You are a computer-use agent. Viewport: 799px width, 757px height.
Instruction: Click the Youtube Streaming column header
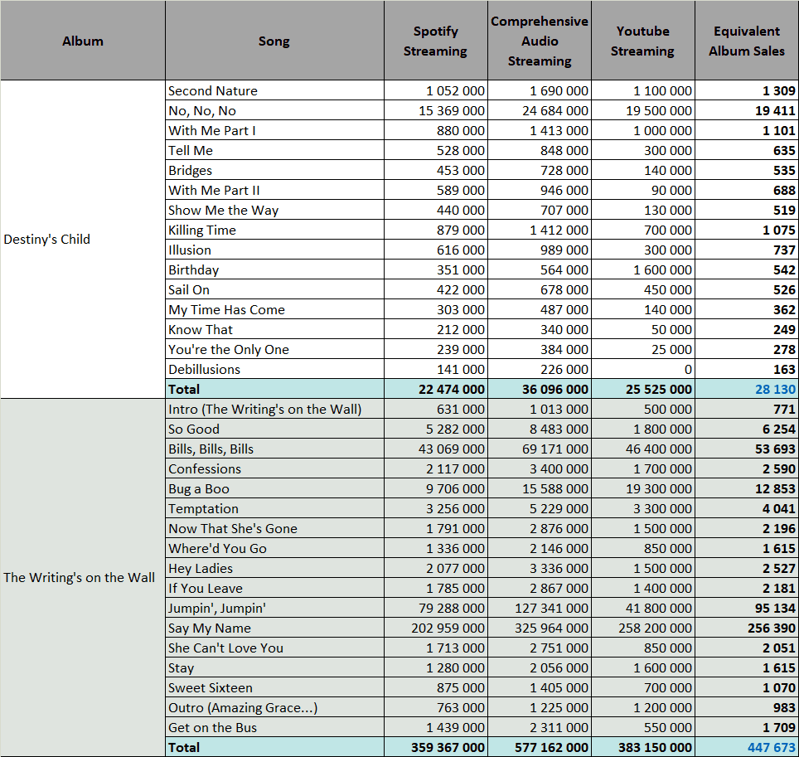tap(642, 41)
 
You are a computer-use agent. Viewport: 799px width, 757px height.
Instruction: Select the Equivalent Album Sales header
tap(747, 41)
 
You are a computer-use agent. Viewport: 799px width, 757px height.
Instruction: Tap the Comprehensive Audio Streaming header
tap(539, 41)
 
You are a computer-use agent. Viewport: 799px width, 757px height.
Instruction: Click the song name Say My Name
tap(210, 628)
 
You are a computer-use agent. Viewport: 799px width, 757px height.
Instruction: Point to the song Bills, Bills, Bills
tap(211, 449)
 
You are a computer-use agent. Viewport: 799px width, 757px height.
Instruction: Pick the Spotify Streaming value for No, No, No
tap(452, 110)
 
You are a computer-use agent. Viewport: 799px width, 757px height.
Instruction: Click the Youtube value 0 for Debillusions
tap(688, 369)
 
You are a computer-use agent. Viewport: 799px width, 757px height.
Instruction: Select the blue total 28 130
tap(775, 390)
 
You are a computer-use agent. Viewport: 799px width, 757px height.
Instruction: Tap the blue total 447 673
tap(772, 747)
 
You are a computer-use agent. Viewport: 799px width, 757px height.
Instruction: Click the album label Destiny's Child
tap(47, 239)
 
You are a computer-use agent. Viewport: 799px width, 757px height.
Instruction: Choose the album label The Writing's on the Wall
tap(79, 578)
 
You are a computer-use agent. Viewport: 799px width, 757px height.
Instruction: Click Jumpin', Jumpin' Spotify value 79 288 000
tap(452, 608)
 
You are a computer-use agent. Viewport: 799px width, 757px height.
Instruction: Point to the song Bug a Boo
tap(199, 489)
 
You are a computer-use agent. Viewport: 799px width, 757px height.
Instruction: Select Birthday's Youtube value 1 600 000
tap(662, 269)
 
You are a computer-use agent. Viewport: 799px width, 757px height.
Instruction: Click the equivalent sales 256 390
tap(772, 628)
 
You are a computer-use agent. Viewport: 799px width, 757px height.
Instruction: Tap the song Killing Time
tap(202, 230)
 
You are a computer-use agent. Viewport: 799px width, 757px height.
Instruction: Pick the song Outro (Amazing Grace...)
tap(243, 707)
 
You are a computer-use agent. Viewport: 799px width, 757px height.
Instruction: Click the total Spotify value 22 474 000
tap(452, 390)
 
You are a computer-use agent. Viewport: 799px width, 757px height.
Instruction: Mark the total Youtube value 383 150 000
tap(656, 747)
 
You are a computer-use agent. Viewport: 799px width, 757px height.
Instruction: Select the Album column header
tap(83, 41)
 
